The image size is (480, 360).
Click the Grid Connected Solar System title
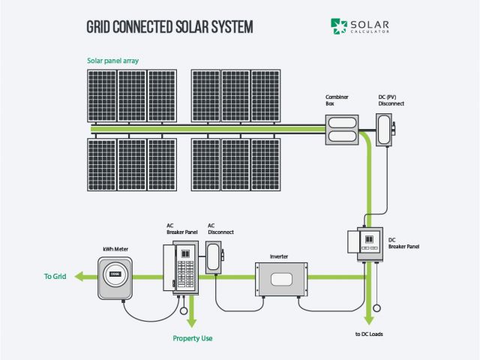coord(170,27)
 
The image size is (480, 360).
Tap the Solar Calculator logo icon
coord(340,26)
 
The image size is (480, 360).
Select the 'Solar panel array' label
coord(113,61)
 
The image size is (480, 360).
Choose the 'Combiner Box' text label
coord(334,101)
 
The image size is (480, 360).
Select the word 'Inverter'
coord(279,256)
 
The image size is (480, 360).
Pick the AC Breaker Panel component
coord(179,265)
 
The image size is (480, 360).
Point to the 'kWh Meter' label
coord(115,247)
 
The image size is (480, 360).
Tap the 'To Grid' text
coord(55,277)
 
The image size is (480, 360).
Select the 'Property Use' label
coord(193,338)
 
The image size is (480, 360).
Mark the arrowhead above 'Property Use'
coord(192,320)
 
